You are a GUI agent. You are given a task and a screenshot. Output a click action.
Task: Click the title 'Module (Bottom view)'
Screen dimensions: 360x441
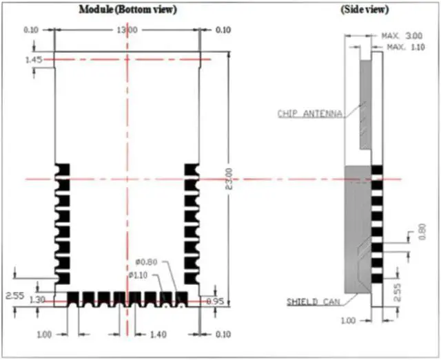click(127, 10)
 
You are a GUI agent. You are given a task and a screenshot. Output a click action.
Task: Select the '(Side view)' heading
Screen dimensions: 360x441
click(365, 10)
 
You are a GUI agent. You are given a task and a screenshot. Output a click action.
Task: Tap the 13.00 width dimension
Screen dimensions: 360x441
click(127, 30)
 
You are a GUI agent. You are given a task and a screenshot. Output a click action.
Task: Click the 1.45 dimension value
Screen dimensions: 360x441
click(33, 61)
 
